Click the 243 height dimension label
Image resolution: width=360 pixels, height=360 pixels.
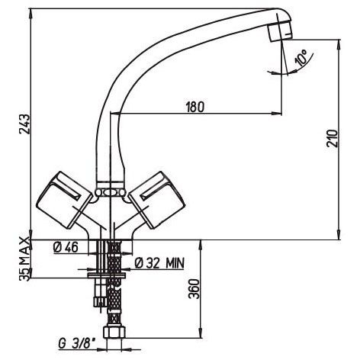[26, 124]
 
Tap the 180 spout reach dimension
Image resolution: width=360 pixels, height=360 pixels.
[195, 107]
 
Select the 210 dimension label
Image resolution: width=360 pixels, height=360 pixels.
[333, 138]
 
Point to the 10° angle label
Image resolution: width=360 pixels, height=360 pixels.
[301, 58]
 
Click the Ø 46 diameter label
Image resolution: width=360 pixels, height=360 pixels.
[66, 247]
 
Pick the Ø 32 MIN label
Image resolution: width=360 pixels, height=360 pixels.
[159, 263]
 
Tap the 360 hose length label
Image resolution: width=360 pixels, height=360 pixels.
[194, 289]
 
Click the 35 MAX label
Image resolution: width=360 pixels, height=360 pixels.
[24, 259]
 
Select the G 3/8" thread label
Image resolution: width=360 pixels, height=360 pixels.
[76, 343]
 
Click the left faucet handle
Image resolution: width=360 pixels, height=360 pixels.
[65, 200]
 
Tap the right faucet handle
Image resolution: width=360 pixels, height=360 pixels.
[157, 200]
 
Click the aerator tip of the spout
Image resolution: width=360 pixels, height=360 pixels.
[280, 32]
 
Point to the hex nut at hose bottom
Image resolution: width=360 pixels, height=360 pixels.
[114, 333]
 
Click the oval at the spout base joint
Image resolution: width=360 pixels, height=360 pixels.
[110, 193]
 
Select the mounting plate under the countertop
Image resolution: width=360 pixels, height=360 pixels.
[107, 275]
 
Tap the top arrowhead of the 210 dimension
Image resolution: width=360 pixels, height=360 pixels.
[339, 44]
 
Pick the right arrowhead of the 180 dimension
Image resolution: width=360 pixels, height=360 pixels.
[277, 113]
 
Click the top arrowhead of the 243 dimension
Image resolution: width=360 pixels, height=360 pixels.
[31, 14]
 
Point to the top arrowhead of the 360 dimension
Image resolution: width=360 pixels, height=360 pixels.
[201, 245]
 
